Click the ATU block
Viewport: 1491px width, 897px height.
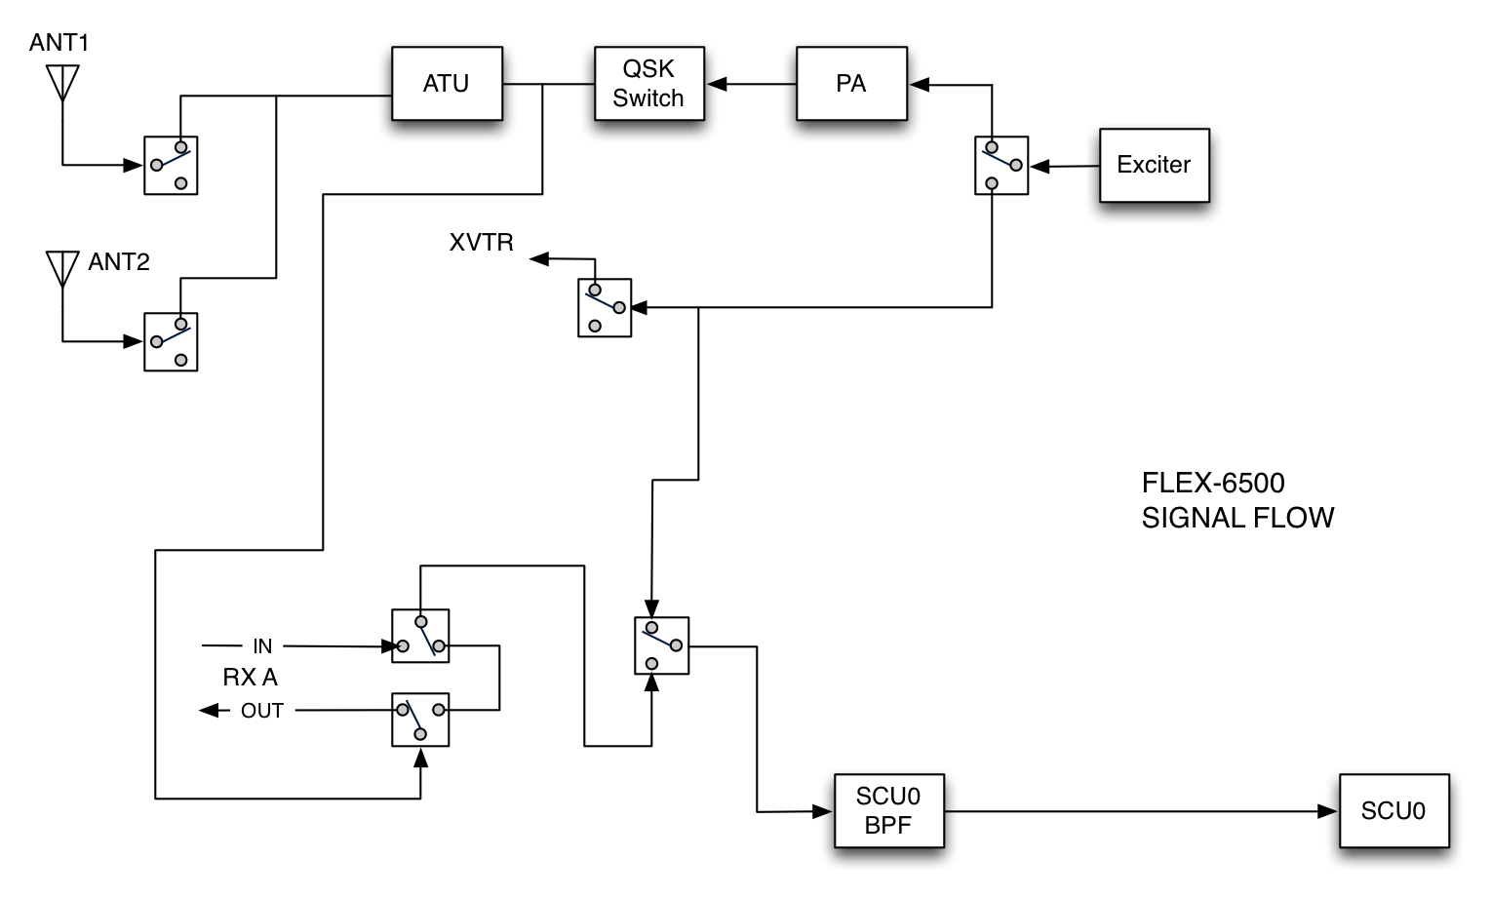coord(447,84)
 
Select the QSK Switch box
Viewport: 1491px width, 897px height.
coord(648,84)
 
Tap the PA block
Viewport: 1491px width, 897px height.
coord(850,84)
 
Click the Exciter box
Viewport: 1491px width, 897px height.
coord(1154,165)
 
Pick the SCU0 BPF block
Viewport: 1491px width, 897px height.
coord(888,811)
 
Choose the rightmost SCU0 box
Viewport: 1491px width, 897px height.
coord(1393,811)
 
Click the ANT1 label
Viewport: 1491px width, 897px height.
coord(59,43)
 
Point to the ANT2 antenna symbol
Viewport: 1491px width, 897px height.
coord(62,268)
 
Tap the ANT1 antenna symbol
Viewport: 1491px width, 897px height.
coord(62,83)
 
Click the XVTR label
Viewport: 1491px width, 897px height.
coord(481,243)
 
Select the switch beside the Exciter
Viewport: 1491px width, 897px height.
coord(1001,166)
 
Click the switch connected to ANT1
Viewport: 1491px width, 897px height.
coord(171,166)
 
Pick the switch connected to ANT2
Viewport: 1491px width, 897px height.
coord(171,341)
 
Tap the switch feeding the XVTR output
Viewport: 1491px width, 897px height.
coord(605,308)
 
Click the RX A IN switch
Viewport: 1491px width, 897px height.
coord(420,637)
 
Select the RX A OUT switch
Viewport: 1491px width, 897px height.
coord(420,720)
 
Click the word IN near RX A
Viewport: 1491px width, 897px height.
coord(262,646)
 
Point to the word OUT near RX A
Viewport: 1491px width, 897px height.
coord(262,711)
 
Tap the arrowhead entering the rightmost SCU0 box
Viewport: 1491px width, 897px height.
coord(1328,811)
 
